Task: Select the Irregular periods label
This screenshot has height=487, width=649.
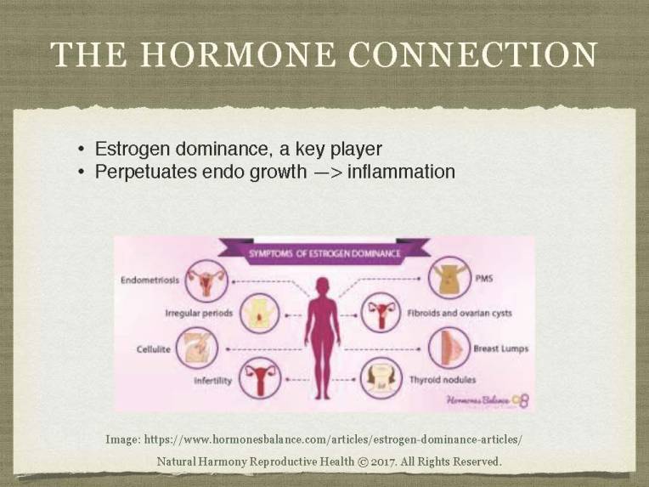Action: (199, 314)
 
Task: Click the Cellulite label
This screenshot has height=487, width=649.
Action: (154, 348)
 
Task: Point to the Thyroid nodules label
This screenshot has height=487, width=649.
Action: (443, 380)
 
